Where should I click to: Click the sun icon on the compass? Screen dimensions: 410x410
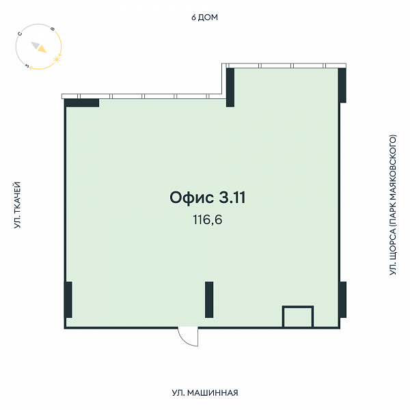(x=57, y=59)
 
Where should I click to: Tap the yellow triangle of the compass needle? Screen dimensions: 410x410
(x=42, y=49)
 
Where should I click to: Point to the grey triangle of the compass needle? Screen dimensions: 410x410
(x=36, y=45)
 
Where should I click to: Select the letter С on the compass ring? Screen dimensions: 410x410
(x=20, y=33)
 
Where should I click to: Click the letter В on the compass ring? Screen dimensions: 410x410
(x=53, y=29)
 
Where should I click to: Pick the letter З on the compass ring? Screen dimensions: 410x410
(x=27, y=66)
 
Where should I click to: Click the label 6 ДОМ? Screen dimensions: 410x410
(x=204, y=17)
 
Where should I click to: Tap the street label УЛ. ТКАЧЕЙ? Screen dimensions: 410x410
(x=17, y=205)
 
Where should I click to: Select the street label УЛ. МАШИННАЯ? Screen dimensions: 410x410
(x=205, y=393)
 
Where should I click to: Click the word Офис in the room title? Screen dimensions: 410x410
(x=191, y=197)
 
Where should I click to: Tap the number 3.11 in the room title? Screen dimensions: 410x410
(x=232, y=197)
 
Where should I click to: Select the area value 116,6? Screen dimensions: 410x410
(x=208, y=219)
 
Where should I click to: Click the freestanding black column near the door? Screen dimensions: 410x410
(x=209, y=300)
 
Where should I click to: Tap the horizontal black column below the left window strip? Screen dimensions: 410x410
(x=82, y=102)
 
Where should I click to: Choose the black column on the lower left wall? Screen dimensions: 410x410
(x=68, y=300)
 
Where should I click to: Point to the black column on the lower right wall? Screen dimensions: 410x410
(x=342, y=300)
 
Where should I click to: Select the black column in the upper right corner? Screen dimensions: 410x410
(x=342, y=85)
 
